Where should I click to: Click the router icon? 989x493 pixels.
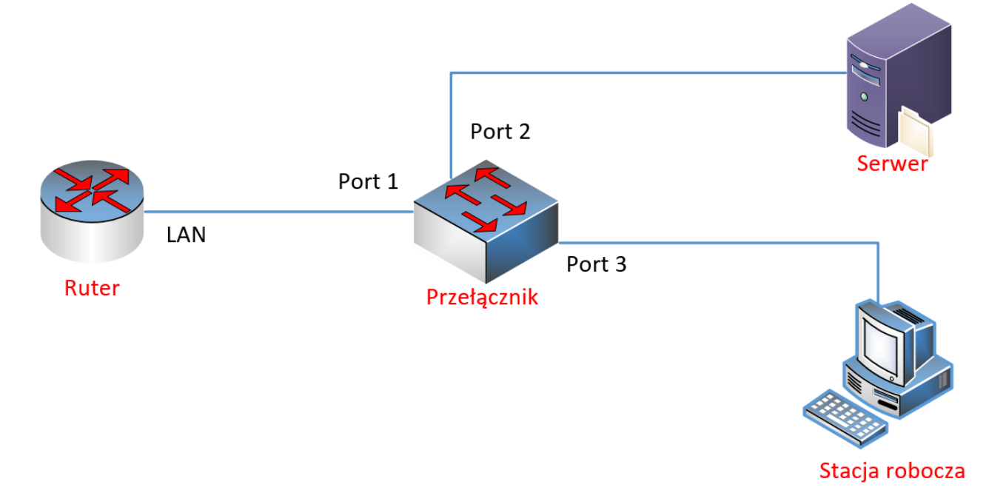pyautogui.click(x=90, y=212)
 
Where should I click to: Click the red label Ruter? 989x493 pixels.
pyautogui.click(x=92, y=288)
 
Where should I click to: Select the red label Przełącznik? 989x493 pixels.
pyautogui.click(x=482, y=297)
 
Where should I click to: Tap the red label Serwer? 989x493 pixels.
pyautogui.click(x=892, y=164)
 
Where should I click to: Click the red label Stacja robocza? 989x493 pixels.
pyautogui.click(x=892, y=470)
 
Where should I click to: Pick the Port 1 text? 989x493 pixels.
pyautogui.click(x=368, y=181)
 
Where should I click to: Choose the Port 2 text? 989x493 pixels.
pyautogui.click(x=500, y=132)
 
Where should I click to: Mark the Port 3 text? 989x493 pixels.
pyautogui.click(x=596, y=264)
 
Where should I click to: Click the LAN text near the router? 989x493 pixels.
pyautogui.click(x=186, y=235)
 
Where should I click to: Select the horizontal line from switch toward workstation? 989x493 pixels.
pyautogui.click(x=718, y=242)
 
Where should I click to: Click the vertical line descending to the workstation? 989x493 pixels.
pyautogui.click(x=878, y=270)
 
